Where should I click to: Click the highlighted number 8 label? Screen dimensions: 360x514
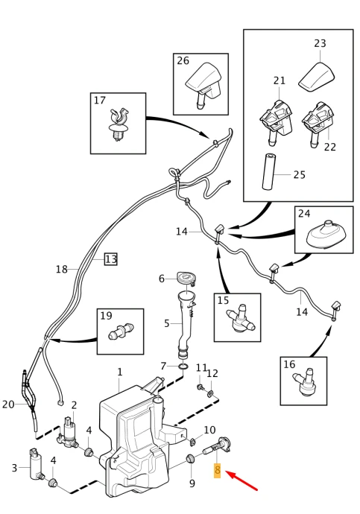(217, 471)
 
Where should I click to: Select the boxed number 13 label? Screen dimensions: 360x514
(111, 259)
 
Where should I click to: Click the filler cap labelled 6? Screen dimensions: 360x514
(186, 278)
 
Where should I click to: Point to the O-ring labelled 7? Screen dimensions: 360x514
(184, 366)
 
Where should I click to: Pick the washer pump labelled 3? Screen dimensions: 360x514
(36, 465)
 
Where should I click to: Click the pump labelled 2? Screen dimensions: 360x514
(69, 432)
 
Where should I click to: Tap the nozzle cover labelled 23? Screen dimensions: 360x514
(317, 77)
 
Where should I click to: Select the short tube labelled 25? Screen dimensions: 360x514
(268, 172)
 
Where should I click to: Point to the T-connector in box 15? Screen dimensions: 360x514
(240, 319)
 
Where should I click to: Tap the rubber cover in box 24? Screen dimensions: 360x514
(324, 235)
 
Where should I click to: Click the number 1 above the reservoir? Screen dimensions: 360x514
(120, 372)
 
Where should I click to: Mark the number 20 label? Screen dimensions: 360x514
(8, 404)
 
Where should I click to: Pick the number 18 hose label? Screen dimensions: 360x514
(62, 269)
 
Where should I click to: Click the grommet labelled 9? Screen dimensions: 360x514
(190, 460)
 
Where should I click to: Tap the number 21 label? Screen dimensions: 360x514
(280, 80)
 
